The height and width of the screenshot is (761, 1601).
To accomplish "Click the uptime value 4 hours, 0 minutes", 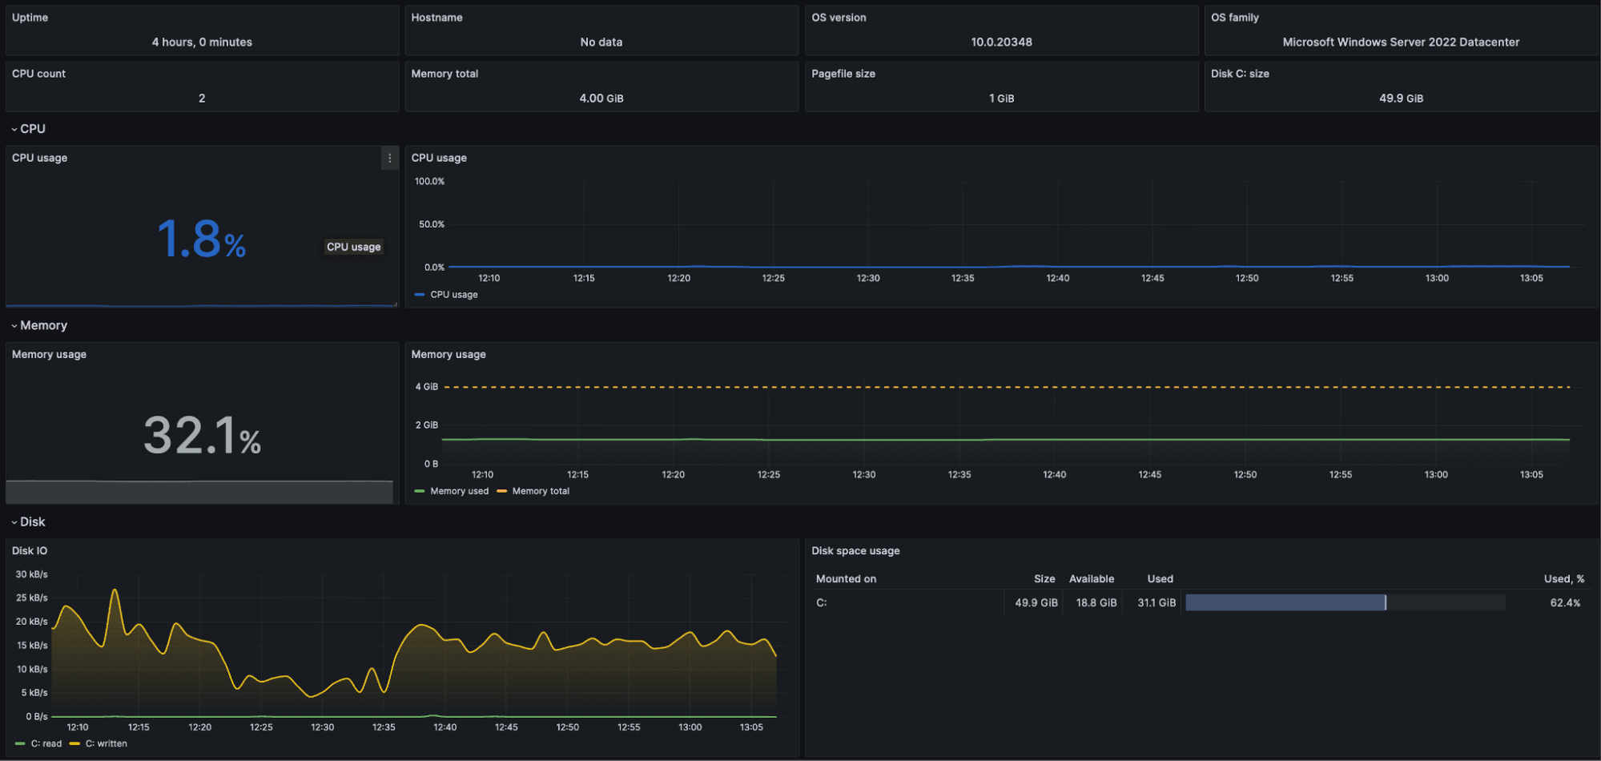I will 202,42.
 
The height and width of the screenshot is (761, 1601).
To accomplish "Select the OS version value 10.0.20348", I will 1001,42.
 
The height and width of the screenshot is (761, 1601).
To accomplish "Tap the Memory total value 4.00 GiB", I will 601,99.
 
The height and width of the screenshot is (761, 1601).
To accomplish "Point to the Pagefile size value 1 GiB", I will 1001,99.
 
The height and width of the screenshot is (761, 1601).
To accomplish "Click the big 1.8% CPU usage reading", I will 201,239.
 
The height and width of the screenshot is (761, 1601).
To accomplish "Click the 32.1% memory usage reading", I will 202,436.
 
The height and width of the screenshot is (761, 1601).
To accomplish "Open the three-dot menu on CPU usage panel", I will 390,159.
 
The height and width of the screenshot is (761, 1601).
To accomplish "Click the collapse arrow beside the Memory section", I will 14,326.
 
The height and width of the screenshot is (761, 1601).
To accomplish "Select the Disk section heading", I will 33,522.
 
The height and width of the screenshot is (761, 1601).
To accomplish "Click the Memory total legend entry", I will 541,491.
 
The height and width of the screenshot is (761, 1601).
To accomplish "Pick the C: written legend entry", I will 106,743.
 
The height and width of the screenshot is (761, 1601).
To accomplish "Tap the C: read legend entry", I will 46,743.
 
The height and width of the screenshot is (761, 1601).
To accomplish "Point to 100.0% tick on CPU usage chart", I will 429,182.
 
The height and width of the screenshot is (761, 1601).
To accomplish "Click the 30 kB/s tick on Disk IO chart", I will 32,574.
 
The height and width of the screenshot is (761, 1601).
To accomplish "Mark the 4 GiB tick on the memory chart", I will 426,387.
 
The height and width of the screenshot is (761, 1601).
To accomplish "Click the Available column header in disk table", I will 1091,579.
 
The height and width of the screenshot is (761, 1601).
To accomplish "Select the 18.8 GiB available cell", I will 1096,603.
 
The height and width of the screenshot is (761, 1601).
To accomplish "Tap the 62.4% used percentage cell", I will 1565,603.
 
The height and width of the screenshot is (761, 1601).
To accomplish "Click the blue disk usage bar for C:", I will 1285,603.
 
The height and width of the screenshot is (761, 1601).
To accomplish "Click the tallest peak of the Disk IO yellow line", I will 115,590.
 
